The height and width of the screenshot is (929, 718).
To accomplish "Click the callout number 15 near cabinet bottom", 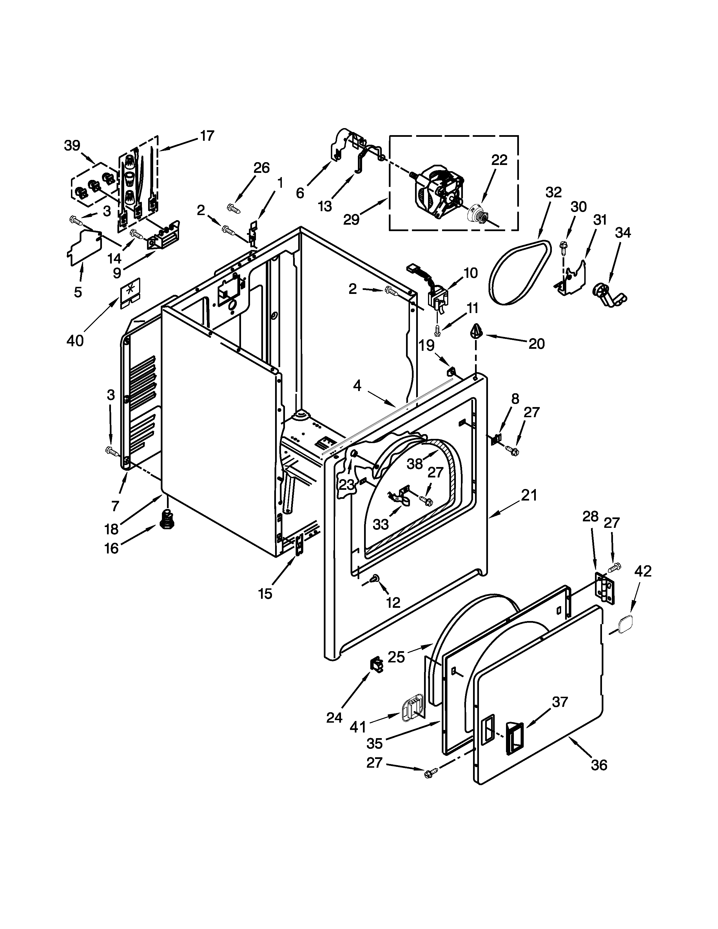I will click(x=265, y=594).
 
